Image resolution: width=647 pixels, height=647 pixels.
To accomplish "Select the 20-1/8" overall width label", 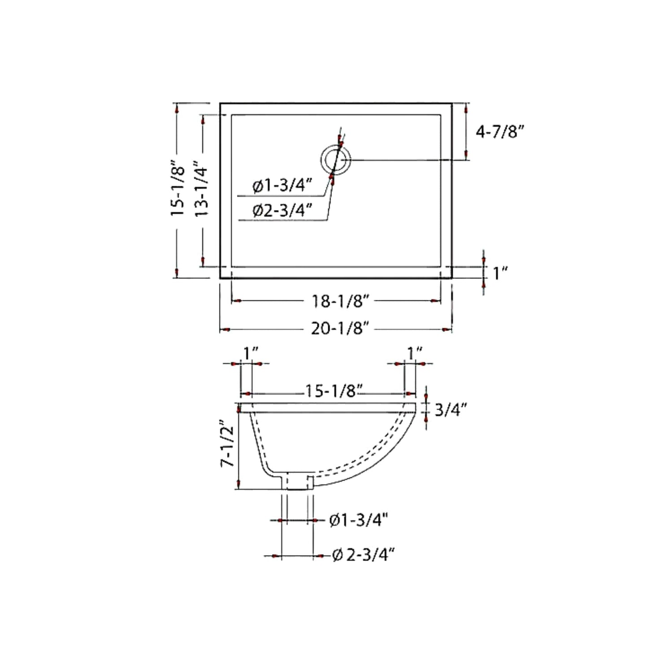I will [339, 329].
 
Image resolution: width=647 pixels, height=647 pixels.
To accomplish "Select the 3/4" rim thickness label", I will [451, 409].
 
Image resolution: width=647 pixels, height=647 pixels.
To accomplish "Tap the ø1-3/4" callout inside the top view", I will [282, 185].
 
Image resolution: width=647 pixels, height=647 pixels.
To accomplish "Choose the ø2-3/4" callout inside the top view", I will [282, 210].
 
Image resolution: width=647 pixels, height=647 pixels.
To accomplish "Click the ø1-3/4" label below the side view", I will [358, 520].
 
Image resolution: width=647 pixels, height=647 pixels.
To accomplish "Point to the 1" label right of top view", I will [500, 273].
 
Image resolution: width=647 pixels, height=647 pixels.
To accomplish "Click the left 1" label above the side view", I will [251, 353].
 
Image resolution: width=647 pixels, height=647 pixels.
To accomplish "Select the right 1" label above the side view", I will [415, 353].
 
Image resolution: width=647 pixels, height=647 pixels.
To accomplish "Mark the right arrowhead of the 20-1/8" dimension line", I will [446, 330].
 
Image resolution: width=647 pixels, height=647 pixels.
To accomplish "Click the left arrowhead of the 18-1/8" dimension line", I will [237, 301].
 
